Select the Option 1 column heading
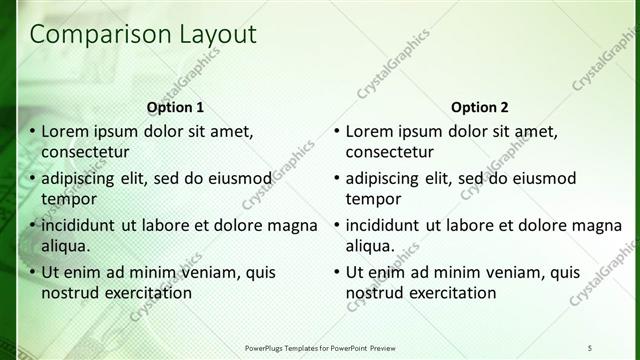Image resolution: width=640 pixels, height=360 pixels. (x=175, y=107)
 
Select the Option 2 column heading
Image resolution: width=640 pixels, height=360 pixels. (x=479, y=107)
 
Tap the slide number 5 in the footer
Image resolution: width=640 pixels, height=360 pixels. (x=591, y=347)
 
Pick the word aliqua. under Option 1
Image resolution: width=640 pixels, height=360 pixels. (x=66, y=245)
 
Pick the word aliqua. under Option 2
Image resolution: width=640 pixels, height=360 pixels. (x=370, y=245)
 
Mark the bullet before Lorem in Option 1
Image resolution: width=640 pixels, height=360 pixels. (x=32, y=132)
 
